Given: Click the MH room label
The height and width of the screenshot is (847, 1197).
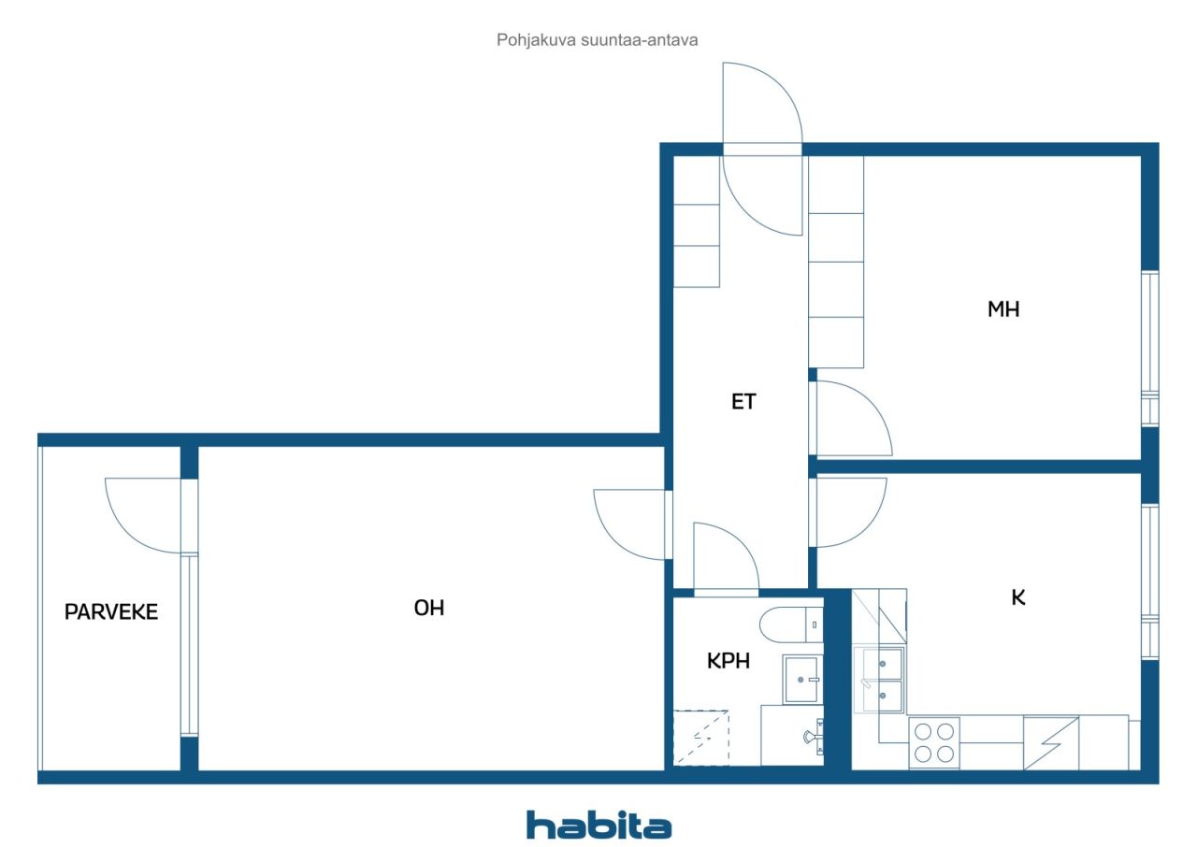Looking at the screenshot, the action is (1003, 309).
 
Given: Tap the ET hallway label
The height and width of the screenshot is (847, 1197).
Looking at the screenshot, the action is (743, 402).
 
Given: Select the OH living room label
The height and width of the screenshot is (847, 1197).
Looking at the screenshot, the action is (429, 608).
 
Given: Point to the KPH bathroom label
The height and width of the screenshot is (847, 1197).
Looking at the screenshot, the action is (728, 661).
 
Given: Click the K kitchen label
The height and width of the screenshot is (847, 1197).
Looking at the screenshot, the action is (1018, 597).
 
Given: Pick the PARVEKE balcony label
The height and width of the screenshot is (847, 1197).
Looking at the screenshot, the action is (111, 612).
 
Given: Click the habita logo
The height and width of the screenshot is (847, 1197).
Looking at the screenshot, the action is (599, 825).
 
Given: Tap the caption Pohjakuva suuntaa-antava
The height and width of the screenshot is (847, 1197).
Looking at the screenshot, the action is (597, 40).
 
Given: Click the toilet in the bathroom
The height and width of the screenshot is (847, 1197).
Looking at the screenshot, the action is (791, 624).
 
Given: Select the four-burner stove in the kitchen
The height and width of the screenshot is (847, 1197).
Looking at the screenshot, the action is (934, 743).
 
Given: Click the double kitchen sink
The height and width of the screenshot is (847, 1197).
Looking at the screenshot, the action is (879, 680).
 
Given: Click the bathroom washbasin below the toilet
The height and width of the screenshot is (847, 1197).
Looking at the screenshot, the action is (802, 680).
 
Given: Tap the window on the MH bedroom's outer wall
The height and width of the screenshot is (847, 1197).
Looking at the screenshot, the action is (1149, 349).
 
